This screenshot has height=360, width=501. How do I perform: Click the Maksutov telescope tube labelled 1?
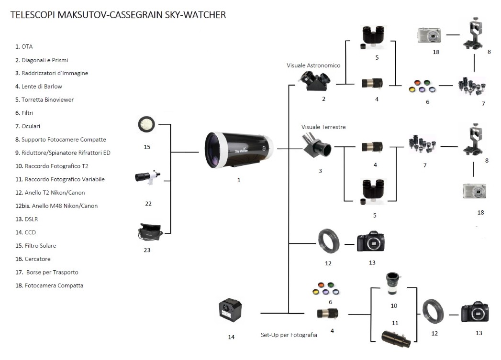(x=239, y=150)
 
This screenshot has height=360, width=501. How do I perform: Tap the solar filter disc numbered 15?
(x=146, y=124)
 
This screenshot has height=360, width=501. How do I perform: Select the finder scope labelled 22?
(x=147, y=177)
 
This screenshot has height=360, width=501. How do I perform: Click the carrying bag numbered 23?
(x=150, y=232)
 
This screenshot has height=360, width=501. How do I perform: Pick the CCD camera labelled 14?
(x=230, y=310)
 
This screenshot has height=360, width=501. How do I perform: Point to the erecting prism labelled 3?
(x=316, y=146)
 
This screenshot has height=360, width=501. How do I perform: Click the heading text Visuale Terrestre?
(x=323, y=127)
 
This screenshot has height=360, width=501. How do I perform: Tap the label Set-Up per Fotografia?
(x=289, y=335)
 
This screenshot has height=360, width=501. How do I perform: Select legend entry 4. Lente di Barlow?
(x=39, y=87)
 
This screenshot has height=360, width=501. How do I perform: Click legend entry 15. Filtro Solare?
(x=36, y=246)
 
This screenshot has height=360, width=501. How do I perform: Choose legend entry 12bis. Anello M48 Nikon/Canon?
(x=56, y=206)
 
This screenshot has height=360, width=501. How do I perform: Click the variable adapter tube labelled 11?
(x=396, y=339)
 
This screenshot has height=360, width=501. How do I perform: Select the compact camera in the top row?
(x=429, y=35)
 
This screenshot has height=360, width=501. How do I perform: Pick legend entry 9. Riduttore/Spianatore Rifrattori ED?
(x=63, y=153)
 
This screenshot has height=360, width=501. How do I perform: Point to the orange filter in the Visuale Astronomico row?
(x=417, y=83)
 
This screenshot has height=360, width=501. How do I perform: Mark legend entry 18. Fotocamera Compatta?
(x=49, y=285)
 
